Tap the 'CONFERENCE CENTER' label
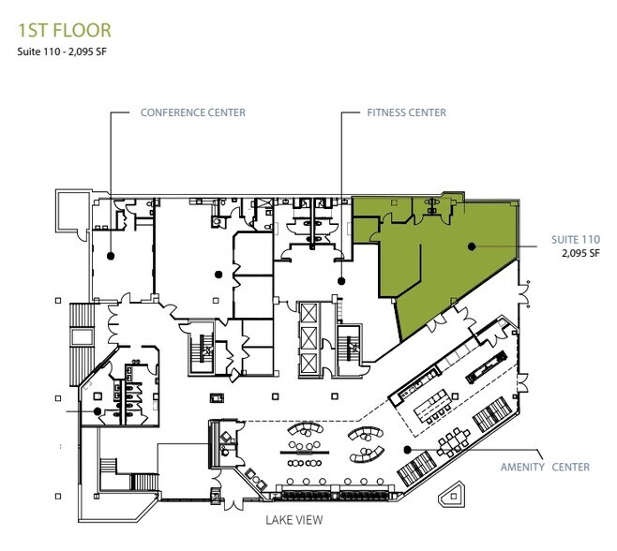tap(192, 112)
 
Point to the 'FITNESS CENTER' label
tap(406, 112)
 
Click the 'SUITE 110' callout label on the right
tap(572, 240)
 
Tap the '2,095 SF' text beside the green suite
tap(579, 253)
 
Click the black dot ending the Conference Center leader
tap(111, 254)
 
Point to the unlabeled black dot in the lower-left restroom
tap(97, 410)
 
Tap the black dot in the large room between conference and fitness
tap(218, 274)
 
